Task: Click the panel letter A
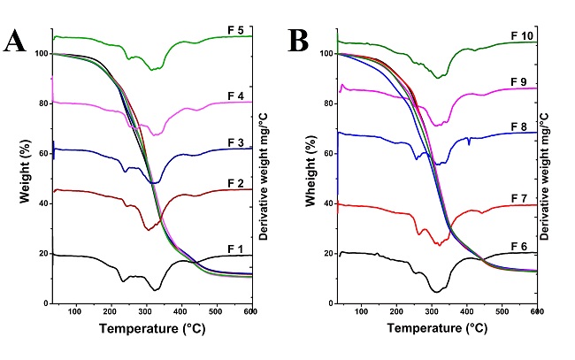[15, 42]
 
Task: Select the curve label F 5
[238, 30]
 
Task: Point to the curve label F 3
[238, 142]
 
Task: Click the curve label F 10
[522, 35]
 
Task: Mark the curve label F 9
[522, 81]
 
